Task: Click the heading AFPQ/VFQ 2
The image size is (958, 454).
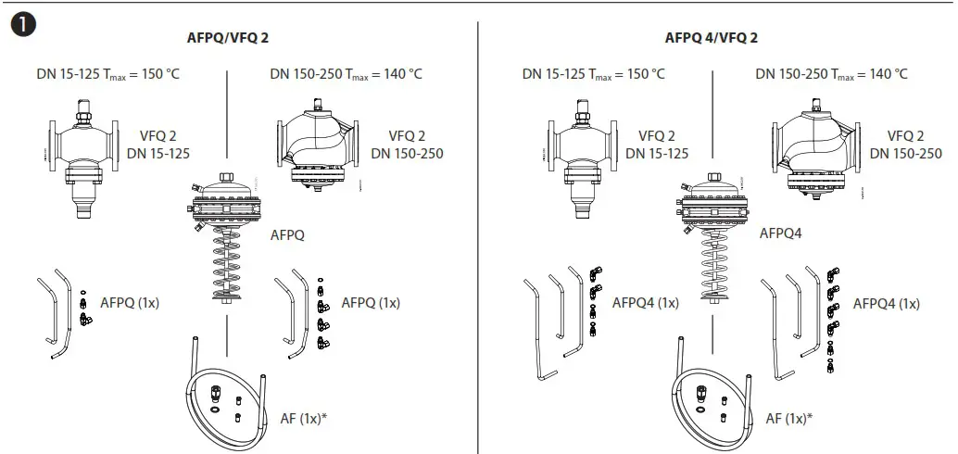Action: coord(228,38)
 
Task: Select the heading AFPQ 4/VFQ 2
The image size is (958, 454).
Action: coord(712,38)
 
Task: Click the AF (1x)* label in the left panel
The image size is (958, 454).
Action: coord(304,418)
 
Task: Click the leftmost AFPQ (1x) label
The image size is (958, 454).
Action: coord(130,302)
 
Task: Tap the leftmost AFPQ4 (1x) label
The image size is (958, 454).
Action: coord(646,302)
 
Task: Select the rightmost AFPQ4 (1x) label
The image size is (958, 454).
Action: coord(887,303)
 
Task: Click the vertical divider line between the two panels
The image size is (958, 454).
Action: coord(479,232)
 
